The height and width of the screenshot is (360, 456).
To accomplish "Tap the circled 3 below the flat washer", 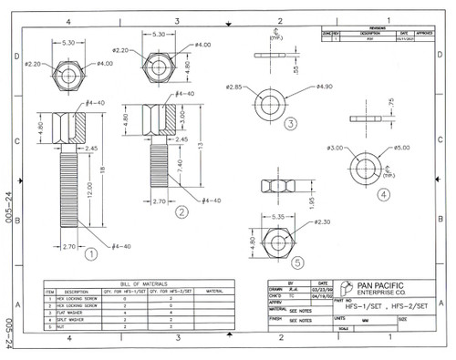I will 290,123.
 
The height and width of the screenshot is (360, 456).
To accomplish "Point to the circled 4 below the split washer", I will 383,193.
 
